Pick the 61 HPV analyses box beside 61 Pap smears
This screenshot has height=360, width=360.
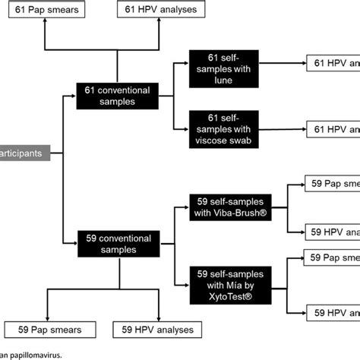click(x=159, y=10)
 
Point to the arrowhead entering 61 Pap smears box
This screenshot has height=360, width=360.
click(x=45, y=22)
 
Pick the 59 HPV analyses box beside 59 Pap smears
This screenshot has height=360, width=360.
click(x=157, y=329)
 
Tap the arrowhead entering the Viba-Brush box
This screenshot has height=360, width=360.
click(x=186, y=204)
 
